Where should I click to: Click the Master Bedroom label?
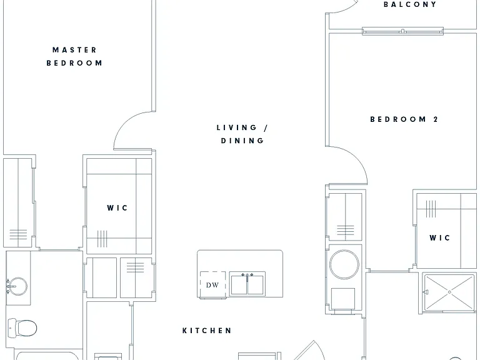coord(74,56)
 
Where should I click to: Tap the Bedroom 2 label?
coord(404,119)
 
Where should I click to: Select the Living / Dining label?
coord(242,134)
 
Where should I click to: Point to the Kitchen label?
coord(207,331)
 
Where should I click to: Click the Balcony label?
coord(410,4)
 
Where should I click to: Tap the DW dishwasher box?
coord(212,285)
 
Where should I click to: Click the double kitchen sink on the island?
coord(247,284)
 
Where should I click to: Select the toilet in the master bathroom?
coord(22,328)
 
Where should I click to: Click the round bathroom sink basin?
coord(17,286)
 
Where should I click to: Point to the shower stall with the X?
coord(449,292)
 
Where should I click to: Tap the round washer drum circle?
coord(344,265)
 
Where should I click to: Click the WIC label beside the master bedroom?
coord(117,208)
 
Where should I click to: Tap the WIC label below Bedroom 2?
coord(439,238)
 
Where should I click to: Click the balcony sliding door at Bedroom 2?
coord(403,31)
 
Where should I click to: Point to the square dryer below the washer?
coord(343,299)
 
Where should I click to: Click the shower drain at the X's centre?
coord(449,292)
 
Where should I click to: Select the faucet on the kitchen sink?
coord(247,277)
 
